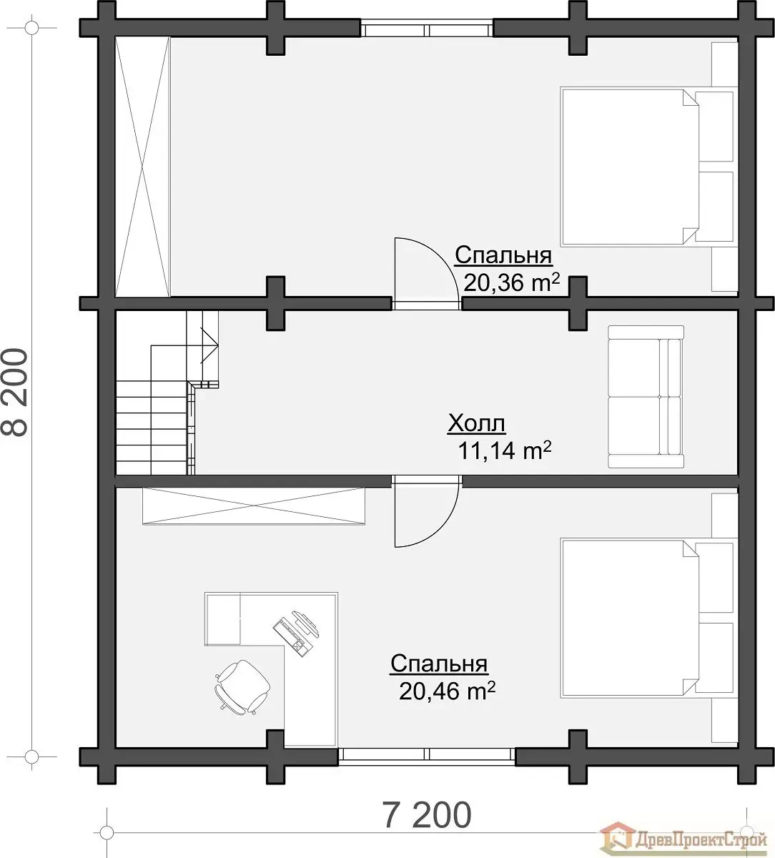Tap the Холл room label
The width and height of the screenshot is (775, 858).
tap(476, 423)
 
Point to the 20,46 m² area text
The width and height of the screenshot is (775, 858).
tap(448, 691)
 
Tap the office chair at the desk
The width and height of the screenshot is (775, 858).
tap(242, 687)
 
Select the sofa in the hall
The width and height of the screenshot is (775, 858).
tap(646, 397)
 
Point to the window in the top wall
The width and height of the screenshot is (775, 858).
tap(428, 29)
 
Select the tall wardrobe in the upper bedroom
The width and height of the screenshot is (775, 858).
tap(143, 167)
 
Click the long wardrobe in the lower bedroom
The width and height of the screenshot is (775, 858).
tap(254, 506)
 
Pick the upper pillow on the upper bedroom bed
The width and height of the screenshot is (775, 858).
tap(714, 127)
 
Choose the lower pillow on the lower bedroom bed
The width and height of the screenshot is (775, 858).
tap(714, 657)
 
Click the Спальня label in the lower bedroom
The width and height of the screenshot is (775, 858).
tap(439, 664)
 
